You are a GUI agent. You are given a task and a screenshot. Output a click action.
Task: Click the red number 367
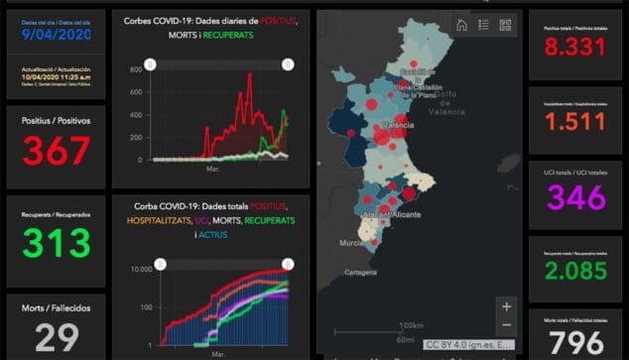pyautogui.click(x=57, y=151)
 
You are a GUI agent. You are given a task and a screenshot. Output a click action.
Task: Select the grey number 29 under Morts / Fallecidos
pyautogui.click(x=57, y=337)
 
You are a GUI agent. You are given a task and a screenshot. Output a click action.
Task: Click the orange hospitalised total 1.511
pyautogui.click(x=576, y=122)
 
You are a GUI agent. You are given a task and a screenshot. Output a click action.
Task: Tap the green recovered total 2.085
pyautogui.click(x=576, y=268)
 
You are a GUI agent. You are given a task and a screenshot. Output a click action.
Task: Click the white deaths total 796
pyautogui.click(x=576, y=343)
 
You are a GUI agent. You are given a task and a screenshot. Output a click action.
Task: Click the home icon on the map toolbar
pyautogui.click(x=461, y=26)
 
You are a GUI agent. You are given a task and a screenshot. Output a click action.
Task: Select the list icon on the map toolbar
pyautogui.click(x=483, y=26)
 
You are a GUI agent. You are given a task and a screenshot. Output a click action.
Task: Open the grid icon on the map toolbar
pyautogui.click(x=505, y=26)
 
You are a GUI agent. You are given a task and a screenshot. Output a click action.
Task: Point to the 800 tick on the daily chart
pyautogui.click(x=137, y=70)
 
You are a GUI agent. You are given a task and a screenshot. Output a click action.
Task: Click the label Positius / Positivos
pyautogui.click(x=57, y=120)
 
